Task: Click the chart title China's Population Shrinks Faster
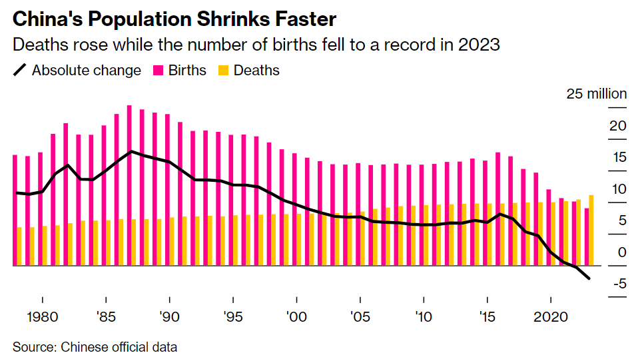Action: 174,18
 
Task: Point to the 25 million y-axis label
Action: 597,94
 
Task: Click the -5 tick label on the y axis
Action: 619,284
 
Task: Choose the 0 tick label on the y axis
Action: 622,252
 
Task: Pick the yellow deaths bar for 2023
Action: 591,230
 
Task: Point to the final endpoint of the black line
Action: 589,279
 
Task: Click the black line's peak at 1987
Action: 131,151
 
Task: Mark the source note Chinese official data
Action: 95,347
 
